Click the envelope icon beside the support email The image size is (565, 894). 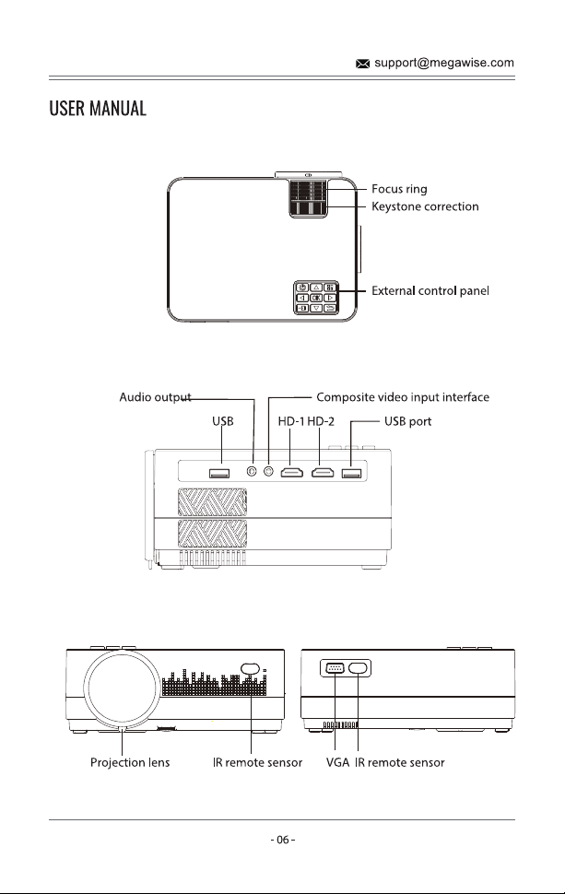click(362, 64)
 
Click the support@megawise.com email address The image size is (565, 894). click(444, 63)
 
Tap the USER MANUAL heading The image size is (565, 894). click(98, 109)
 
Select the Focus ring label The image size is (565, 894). click(399, 189)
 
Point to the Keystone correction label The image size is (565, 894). click(425, 206)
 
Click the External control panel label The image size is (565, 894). click(430, 290)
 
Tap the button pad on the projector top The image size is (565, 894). click(316, 298)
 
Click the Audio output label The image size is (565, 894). click(155, 397)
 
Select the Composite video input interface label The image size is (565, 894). click(403, 397)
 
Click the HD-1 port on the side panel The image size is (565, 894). click(292, 472)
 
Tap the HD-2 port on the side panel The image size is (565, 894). click(323, 472)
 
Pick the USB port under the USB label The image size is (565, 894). click(219, 473)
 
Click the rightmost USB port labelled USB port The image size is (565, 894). click(352, 473)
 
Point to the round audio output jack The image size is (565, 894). click(252, 472)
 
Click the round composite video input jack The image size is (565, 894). click(269, 472)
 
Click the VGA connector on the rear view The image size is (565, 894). click(335, 667)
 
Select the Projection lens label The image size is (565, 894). click(130, 762)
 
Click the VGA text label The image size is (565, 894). click(337, 762)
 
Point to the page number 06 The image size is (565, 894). click(283, 840)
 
